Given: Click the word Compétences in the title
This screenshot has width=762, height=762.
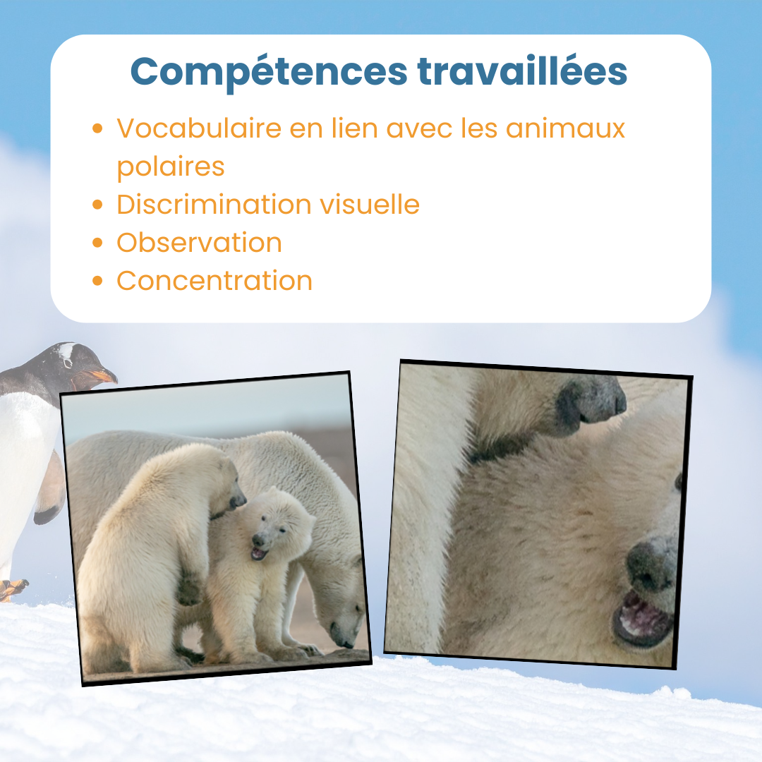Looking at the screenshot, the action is [269, 73].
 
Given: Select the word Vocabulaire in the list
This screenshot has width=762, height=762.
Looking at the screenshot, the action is [199, 128].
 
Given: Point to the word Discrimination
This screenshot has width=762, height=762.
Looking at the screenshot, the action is [214, 204].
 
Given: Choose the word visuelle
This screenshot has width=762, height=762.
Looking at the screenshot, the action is [370, 204].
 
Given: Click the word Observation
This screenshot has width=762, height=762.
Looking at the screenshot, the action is [199, 243].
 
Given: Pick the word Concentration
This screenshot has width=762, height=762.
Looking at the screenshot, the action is [214, 281].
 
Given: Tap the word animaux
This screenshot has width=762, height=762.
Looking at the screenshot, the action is [565, 128].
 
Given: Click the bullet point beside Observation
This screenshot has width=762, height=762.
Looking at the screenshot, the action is [97, 243].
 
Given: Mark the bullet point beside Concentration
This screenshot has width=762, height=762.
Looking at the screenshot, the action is [97, 281].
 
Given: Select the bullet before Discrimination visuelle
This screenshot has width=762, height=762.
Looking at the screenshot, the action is [97, 204].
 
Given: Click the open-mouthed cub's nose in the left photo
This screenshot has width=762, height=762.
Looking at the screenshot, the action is [258, 540].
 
